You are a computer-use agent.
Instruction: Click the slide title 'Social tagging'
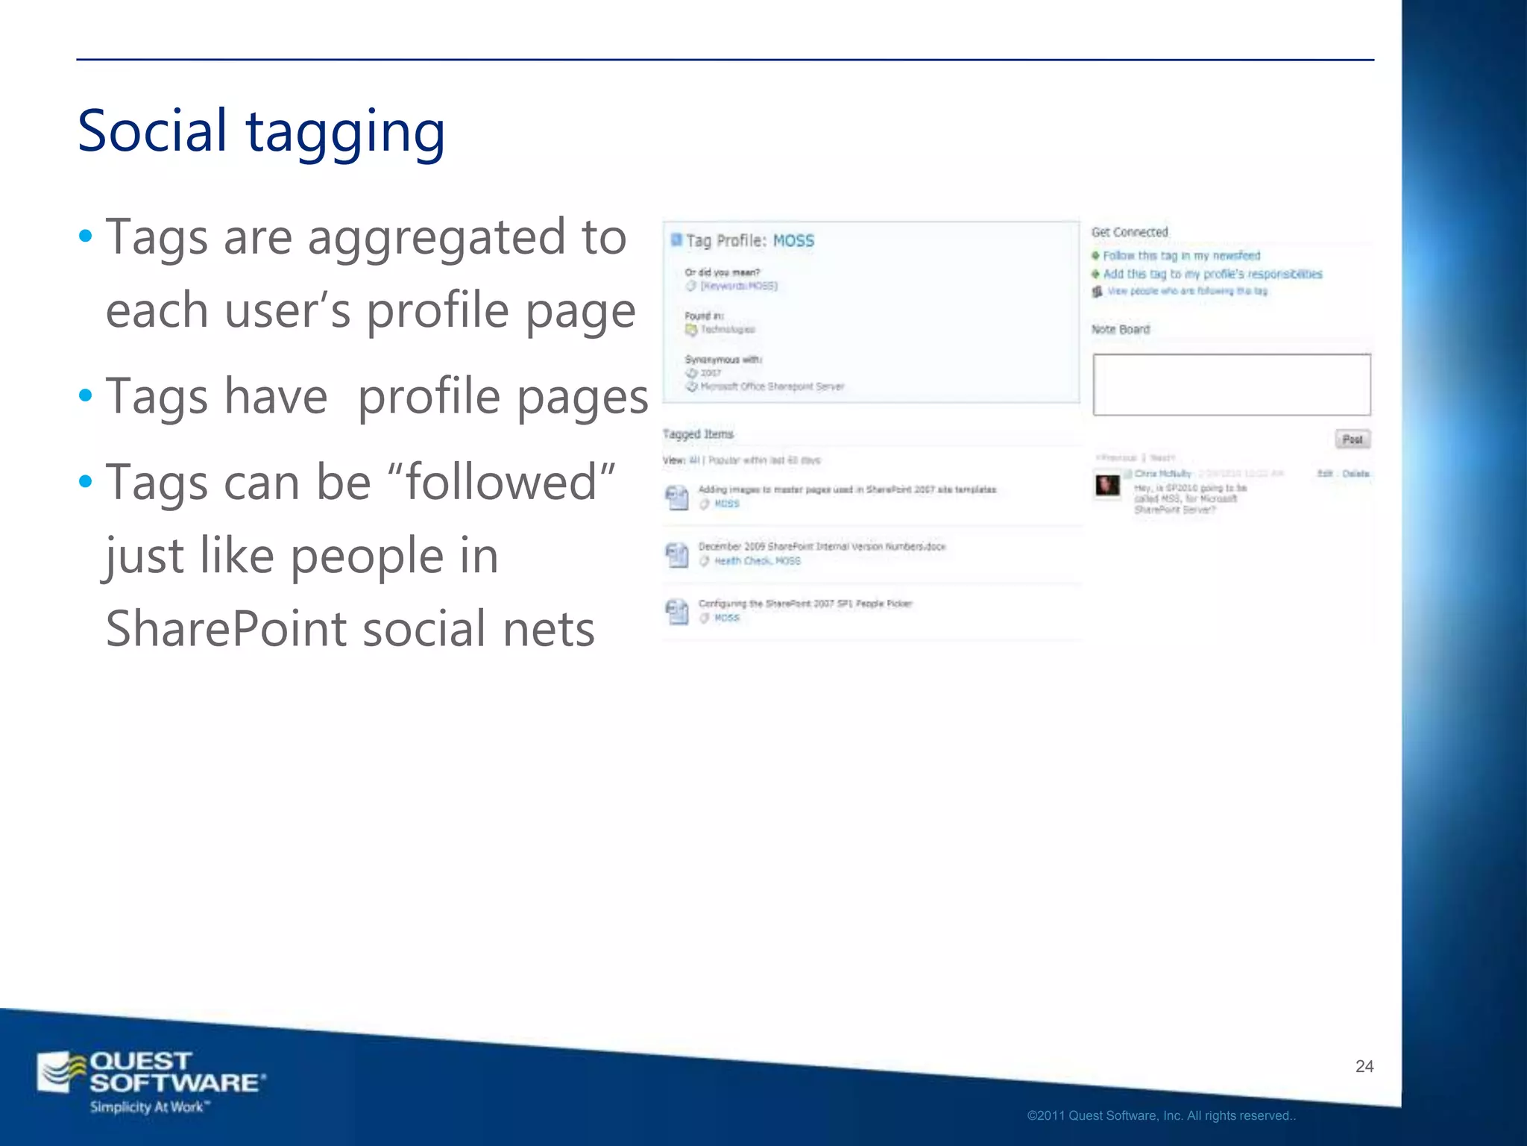click(x=261, y=132)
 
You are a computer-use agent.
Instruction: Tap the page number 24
click(x=1364, y=1066)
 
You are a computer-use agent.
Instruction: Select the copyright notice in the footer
click(x=1161, y=1116)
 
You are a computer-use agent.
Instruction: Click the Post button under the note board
click(x=1352, y=439)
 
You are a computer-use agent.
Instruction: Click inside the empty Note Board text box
click(x=1231, y=384)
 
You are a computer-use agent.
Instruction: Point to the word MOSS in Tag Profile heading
click(x=793, y=241)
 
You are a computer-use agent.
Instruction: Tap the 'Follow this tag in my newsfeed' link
click(x=1181, y=256)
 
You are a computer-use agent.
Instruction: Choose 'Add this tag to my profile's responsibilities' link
click(x=1212, y=275)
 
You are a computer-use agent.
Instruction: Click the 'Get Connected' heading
click(x=1130, y=232)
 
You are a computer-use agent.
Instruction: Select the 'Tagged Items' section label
click(x=698, y=434)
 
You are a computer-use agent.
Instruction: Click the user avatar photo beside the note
click(x=1107, y=485)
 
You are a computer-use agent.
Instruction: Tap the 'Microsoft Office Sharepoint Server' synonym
click(x=772, y=386)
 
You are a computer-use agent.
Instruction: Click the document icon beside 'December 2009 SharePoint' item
click(x=676, y=554)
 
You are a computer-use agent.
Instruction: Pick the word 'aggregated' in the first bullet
click(x=436, y=237)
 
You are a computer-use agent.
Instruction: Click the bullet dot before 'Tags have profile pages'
click(x=86, y=395)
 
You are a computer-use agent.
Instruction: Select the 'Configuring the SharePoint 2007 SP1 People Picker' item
click(x=805, y=604)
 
